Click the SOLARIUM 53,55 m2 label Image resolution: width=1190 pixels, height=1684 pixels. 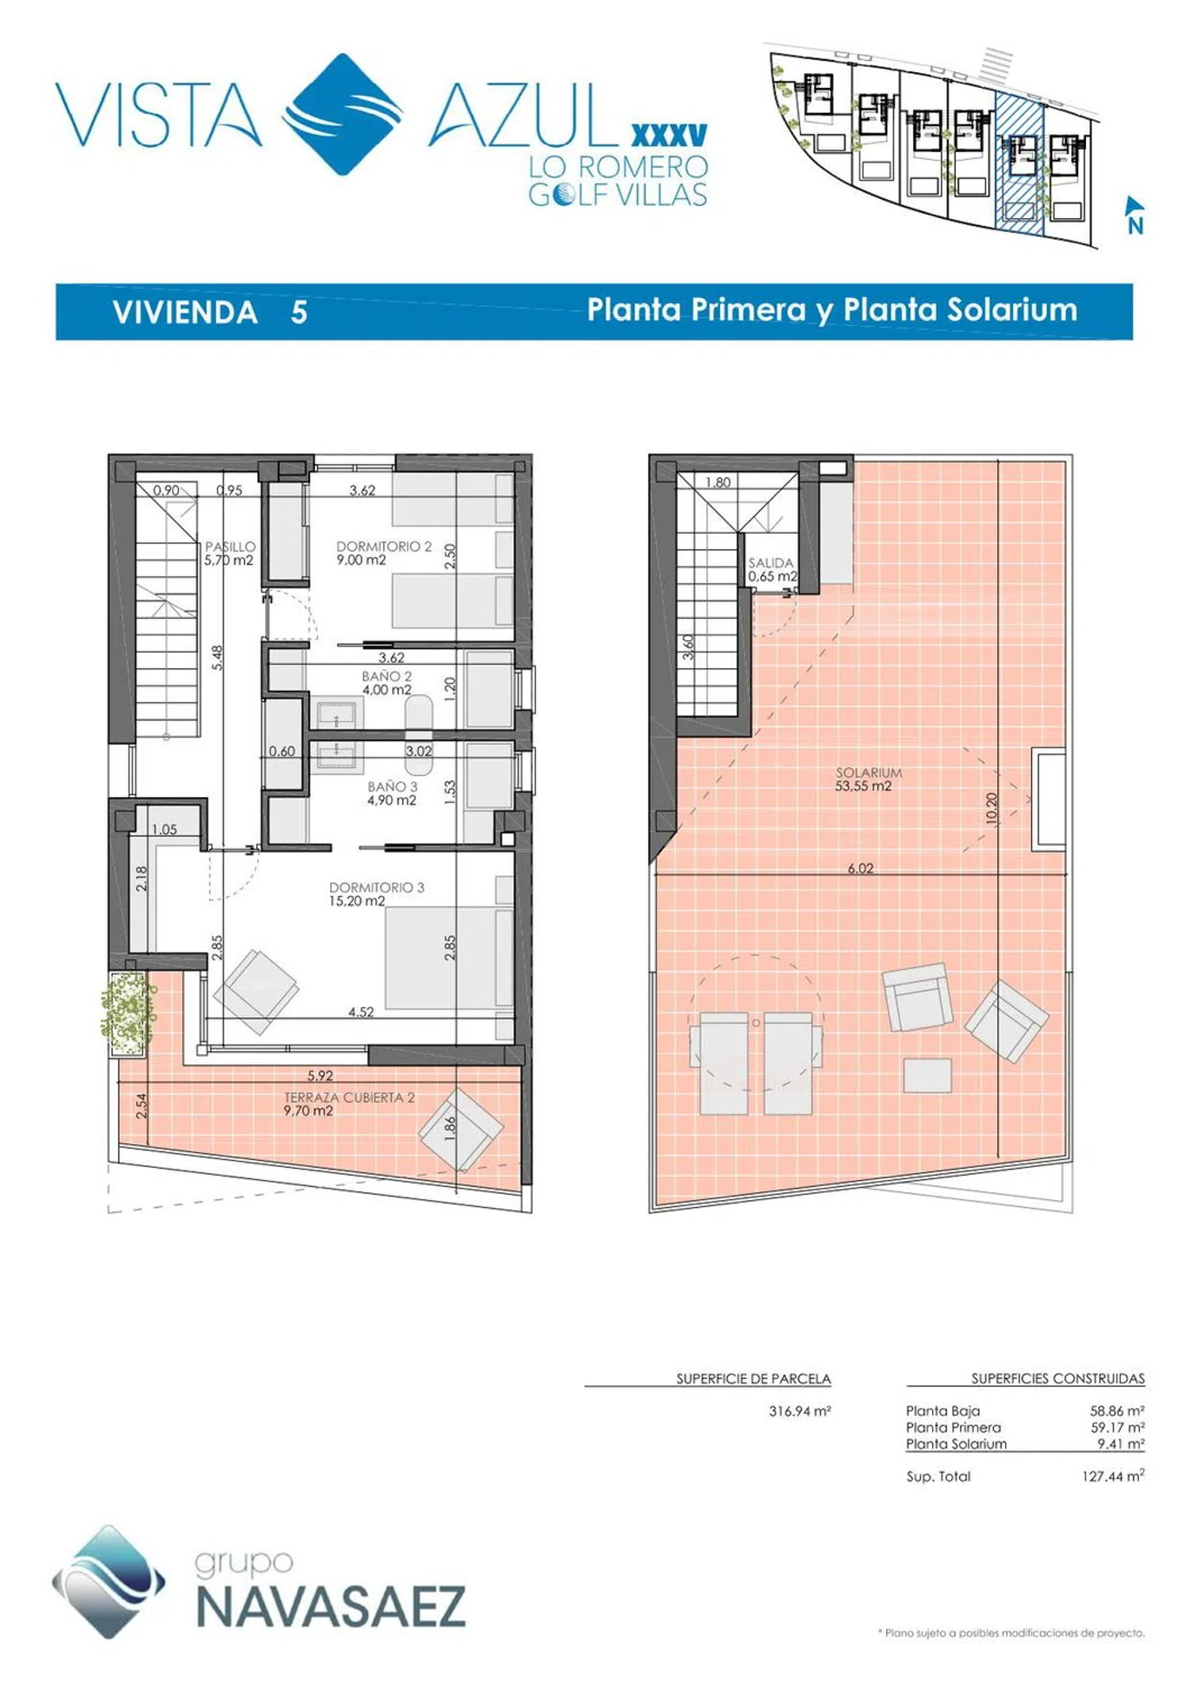pyautogui.click(x=868, y=779)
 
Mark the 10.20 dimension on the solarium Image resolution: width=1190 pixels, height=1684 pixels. pyautogui.click(x=992, y=808)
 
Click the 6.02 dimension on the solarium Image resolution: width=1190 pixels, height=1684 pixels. pyautogui.click(x=860, y=869)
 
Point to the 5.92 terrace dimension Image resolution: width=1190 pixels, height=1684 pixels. pyautogui.click(x=321, y=1076)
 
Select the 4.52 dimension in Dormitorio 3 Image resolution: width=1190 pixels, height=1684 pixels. pyautogui.click(x=361, y=1011)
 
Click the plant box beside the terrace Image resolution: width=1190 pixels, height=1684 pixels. pyautogui.click(x=127, y=1014)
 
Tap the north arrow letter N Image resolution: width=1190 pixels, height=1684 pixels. pyautogui.click(x=1136, y=226)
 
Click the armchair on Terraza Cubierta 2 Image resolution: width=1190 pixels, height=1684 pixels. pyautogui.click(x=460, y=1130)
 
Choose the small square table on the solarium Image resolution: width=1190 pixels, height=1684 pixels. pyautogui.click(x=927, y=1076)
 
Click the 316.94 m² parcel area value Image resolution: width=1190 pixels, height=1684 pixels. pyautogui.click(x=800, y=1411)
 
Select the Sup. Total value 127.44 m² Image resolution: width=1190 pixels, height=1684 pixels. pyautogui.click(x=1113, y=1476)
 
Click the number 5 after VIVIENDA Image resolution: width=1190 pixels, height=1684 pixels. pyautogui.click(x=299, y=313)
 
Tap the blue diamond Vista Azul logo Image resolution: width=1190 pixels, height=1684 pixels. pyautogui.click(x=343, y=114)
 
